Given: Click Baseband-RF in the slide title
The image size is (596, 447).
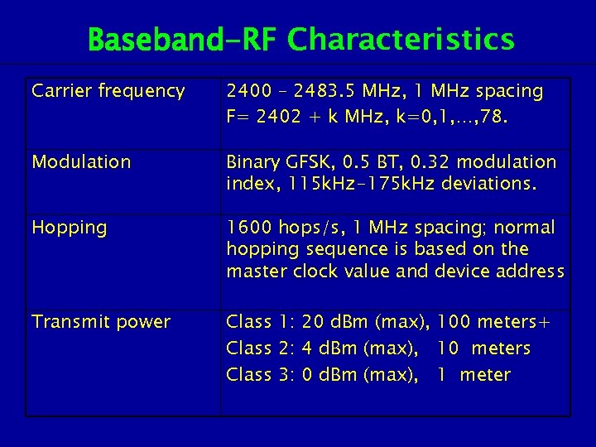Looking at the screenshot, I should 180,39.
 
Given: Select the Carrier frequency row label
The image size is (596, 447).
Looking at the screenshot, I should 108,91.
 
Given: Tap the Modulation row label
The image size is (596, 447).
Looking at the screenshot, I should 81,161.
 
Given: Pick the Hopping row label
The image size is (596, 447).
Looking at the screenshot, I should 69,228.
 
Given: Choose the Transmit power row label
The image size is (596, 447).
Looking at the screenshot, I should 101,321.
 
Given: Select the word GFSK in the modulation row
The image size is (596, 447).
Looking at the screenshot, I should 309,161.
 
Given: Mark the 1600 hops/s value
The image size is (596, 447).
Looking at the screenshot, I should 277,228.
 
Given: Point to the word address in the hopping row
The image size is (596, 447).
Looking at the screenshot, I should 533,272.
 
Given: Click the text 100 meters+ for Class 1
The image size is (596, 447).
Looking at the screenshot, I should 493,322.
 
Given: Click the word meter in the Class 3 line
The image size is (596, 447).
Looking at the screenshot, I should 485,374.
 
